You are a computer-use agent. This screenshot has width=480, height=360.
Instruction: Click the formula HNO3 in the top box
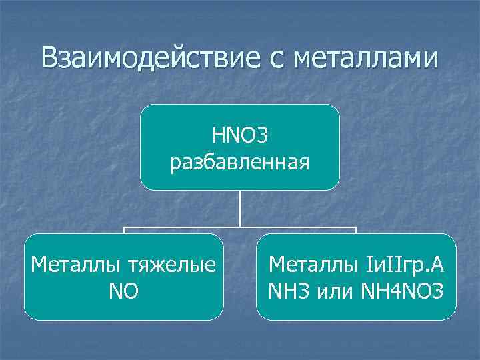coord(240,137)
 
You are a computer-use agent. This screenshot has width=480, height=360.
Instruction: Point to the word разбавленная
coord(240,162)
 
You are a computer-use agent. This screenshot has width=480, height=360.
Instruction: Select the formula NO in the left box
coord(124,291)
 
